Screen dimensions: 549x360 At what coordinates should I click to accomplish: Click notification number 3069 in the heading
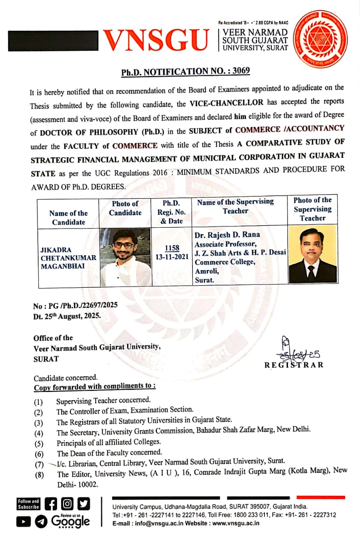pos(241,71)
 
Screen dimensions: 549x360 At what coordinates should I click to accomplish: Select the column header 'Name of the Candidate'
pos(68,217)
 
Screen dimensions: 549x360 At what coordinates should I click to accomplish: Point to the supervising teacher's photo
pos(312,255)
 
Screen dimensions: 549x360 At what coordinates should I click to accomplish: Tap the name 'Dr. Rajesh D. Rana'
pos(227,235)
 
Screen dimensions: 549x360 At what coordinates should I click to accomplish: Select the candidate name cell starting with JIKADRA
pos(68,258)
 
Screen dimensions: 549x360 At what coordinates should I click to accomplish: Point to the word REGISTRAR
pos(294,365)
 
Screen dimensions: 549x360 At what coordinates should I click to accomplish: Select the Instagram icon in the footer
pos(67,503)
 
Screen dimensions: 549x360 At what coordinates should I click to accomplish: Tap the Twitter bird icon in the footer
pos(84,503)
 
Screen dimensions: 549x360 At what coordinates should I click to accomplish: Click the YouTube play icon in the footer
pos(24,521)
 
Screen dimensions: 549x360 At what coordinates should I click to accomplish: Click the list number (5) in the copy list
pos(39,443)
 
